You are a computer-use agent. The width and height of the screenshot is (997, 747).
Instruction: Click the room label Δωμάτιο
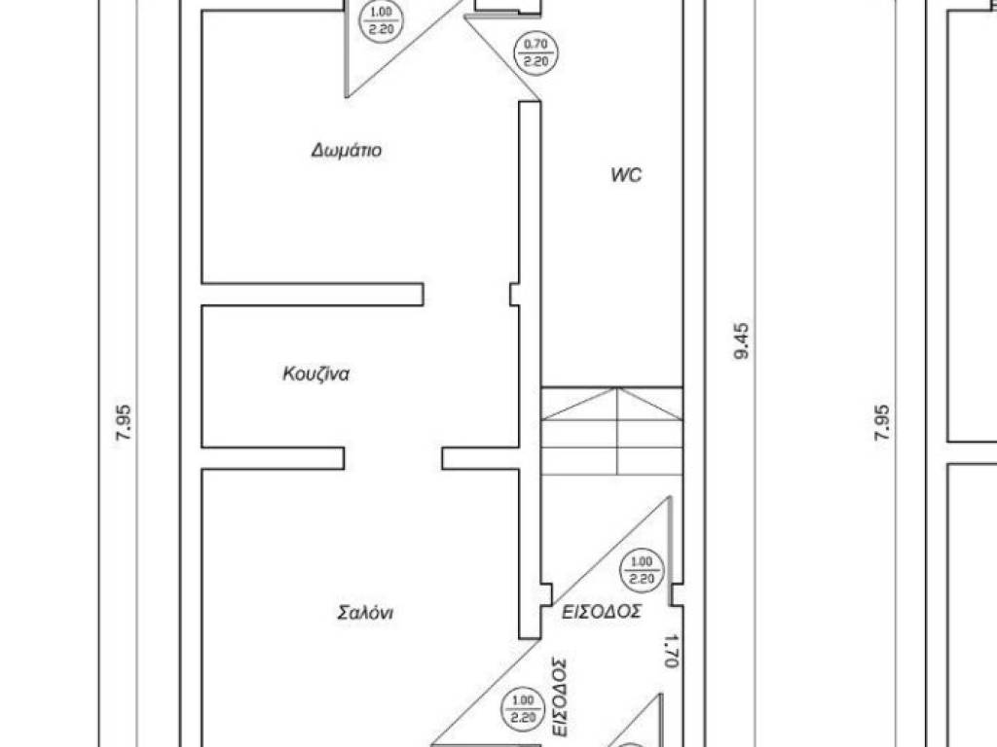347,151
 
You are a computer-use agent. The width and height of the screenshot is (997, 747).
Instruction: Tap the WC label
626,175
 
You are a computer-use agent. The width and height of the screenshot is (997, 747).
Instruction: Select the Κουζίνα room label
316,373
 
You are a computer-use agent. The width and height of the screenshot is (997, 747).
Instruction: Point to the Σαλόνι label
365,613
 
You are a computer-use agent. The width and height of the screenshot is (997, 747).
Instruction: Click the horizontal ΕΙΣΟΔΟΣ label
602,612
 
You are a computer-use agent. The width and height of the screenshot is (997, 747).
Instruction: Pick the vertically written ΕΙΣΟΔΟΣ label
560,696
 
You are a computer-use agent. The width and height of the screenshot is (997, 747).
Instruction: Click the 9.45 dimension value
742,341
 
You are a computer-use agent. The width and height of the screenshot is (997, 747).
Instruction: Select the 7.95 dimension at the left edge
124,424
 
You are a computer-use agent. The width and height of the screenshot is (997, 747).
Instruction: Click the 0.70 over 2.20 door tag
536,53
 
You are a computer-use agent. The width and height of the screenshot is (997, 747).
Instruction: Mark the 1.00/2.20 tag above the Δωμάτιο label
382,20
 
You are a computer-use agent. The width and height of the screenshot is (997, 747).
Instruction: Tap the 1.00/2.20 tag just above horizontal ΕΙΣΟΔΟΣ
642,570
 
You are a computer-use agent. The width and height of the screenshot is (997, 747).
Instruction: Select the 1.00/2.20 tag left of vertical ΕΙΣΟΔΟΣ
523,709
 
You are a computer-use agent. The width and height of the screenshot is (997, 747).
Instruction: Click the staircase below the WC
611,431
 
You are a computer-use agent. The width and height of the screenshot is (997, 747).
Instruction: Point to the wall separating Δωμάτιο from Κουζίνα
313,294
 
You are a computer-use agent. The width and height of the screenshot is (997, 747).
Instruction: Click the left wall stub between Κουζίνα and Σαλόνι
273,458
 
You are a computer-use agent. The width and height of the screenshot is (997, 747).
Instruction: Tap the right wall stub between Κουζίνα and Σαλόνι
481,458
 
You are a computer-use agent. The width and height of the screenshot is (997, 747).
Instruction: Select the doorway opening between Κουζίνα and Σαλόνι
393,458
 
